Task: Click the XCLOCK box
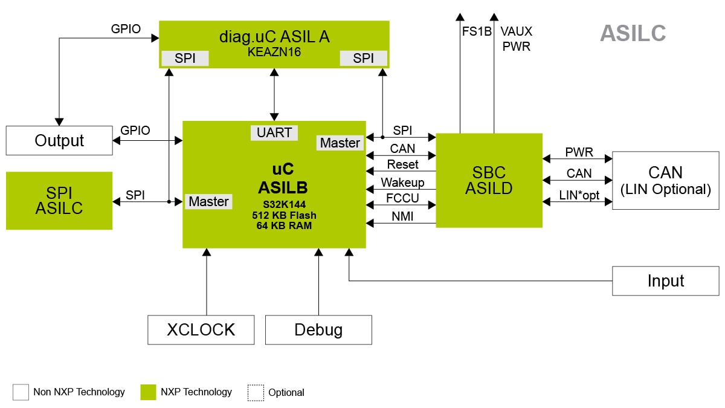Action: click(201, 330)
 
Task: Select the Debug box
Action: click(318, 330)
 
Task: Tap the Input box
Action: click(665, 281)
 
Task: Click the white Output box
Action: click(59, 141)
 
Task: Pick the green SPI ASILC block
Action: click(59, 201)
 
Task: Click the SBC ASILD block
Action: click(489, 180)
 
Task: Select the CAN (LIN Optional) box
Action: click(665, 180)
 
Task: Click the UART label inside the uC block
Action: click(274, 133)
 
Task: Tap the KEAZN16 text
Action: click(274, 52)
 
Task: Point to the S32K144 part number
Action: click(283, 204)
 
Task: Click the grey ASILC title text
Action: click(633, 34)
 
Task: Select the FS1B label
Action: click(477, 31)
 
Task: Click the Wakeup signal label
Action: click(402, 183)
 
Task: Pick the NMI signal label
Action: click(402, 216)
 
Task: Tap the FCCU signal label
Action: click(402, 199)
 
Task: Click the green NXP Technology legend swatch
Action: click(148, 392)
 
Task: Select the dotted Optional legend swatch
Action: click(256, 392)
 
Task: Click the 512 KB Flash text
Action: click(283, 215)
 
